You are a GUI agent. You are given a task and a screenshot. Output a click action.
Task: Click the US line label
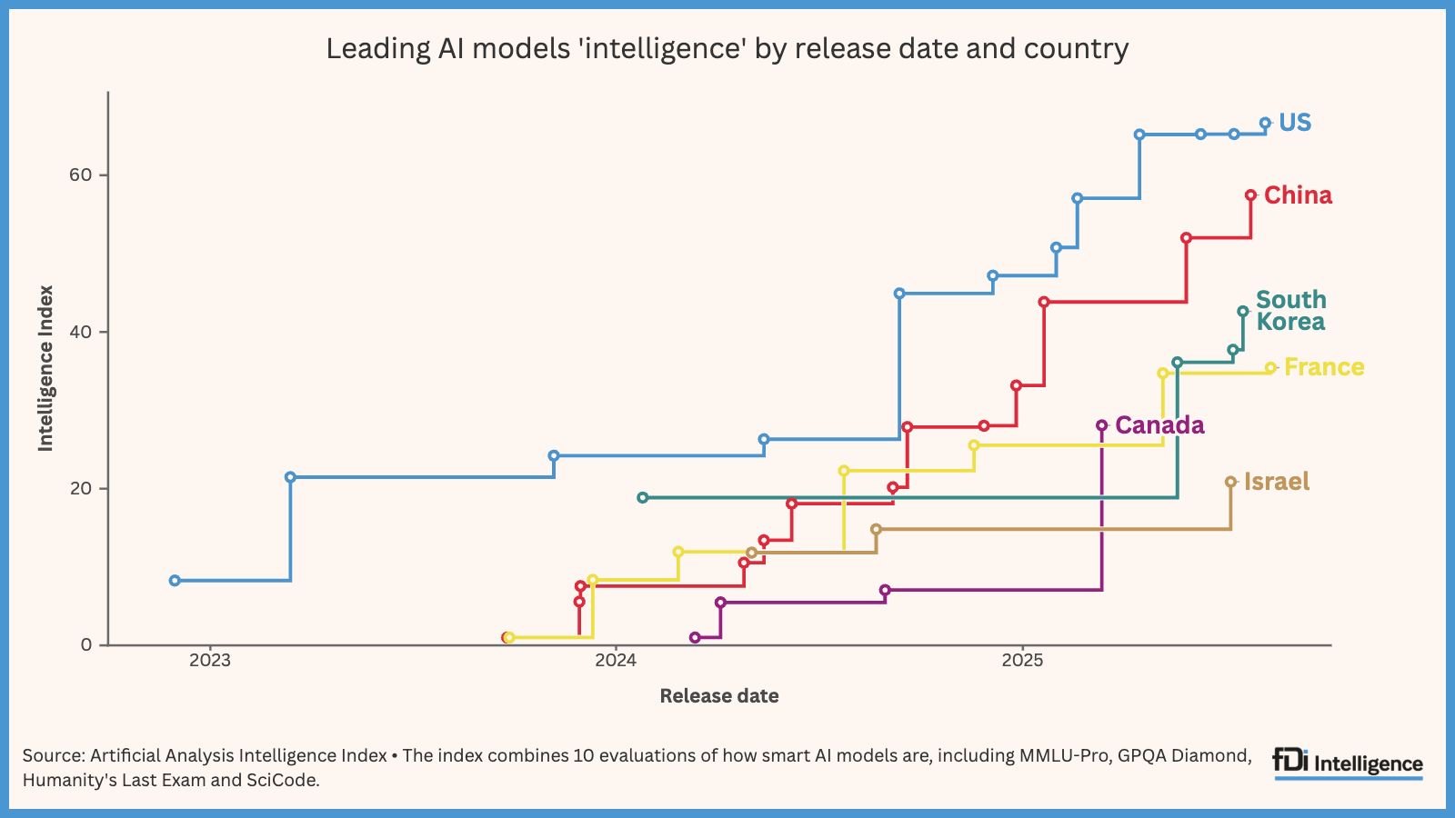pos(1294,123)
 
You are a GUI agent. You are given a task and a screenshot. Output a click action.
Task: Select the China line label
pos(1298,195)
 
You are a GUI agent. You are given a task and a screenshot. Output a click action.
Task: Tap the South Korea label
pos(1290,311)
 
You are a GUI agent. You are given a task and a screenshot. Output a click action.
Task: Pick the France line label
pos(1323,367)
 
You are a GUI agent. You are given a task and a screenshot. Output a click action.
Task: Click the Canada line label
pos(1159,425)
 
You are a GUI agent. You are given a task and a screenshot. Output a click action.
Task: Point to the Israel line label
pos(1277,482)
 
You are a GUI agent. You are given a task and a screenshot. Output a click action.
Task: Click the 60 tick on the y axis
pos(81,175)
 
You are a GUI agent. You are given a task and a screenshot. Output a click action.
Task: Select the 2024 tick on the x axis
pos(616,661)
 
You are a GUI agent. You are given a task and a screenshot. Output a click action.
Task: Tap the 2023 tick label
pos(209,661)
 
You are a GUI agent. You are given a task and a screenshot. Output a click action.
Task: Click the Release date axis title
pos(718,696)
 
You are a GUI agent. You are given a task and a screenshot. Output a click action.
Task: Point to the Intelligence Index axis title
pos(45,368)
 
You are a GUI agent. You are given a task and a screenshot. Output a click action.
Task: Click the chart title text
pos(727,48)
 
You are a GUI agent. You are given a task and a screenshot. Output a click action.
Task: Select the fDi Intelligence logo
pos(1348,763)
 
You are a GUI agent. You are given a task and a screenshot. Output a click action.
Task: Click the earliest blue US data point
pos(175,581)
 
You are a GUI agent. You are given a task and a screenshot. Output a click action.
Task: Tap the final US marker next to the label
pos(1265,123)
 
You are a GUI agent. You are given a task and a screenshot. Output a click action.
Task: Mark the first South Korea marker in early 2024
pos(643,498)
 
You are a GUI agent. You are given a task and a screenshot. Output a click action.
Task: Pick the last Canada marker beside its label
pos(1101,425)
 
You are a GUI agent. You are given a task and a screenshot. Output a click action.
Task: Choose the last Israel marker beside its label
pos(1230,483)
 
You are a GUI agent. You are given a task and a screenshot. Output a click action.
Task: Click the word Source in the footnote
pos(52,755)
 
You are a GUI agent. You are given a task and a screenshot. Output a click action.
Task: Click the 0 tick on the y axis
pos(86,645)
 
